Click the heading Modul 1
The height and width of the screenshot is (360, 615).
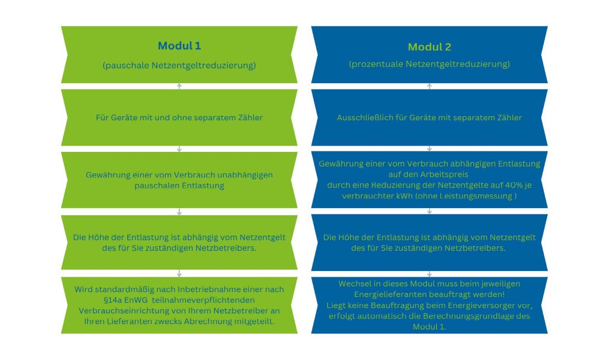click(179, 46)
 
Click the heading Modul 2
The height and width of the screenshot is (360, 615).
click(429, 47)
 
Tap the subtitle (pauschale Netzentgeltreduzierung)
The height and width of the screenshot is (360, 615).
click(179, 65)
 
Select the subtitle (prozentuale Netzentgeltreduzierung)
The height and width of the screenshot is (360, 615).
click(429, 64)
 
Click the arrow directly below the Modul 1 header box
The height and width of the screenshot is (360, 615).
click(179, 86)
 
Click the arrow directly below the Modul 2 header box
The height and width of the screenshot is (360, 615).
click(429, 86)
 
